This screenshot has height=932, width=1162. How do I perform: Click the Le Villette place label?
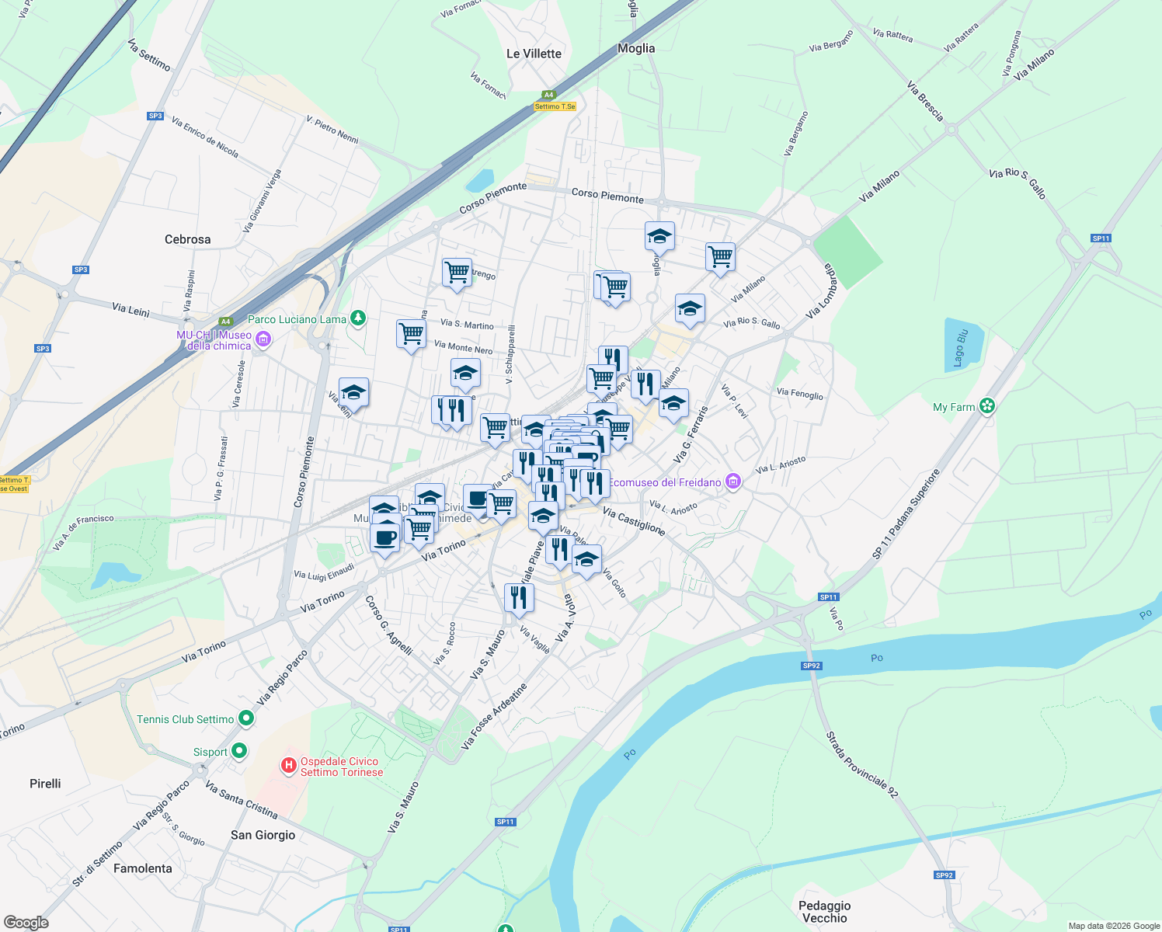[534, 54]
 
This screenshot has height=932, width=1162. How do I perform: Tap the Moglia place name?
[636, 48]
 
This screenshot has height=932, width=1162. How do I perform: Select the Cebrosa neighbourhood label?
[187, 239]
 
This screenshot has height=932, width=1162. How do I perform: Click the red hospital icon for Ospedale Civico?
[288, 767]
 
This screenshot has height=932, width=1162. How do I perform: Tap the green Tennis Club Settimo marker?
[246, 718]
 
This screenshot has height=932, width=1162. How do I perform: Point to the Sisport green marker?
[238, 751]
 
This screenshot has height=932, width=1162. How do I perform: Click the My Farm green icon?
[987, 405]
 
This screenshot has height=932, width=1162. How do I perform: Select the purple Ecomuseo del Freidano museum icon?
[732, 482]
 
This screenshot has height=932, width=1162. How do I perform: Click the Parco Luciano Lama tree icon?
[357, 318]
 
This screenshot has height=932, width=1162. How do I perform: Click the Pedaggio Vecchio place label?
[824, 912]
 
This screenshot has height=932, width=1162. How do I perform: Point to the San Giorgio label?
[263, 835]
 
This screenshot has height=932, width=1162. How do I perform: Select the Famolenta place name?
[143, 868]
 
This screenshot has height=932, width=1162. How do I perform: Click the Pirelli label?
[45, 784]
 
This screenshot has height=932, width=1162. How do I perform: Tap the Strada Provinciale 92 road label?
[861, 764]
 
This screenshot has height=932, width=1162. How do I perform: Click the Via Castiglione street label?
[634, 521]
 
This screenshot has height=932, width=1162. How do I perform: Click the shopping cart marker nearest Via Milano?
[720, 256]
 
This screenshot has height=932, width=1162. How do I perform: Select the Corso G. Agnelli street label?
[388, 624]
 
